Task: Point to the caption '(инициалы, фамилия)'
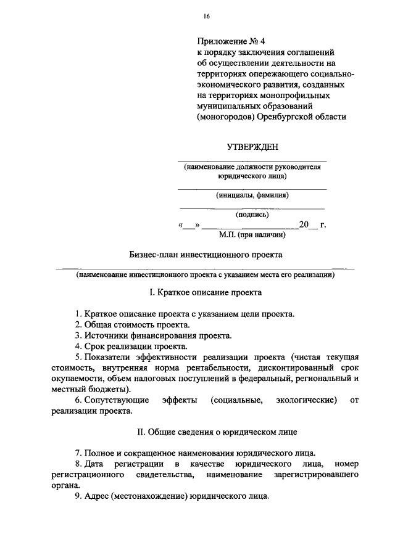(252, 195)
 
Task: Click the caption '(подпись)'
(252, 215)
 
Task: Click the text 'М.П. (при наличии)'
(252, 234)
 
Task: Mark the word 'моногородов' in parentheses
(224, 116)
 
